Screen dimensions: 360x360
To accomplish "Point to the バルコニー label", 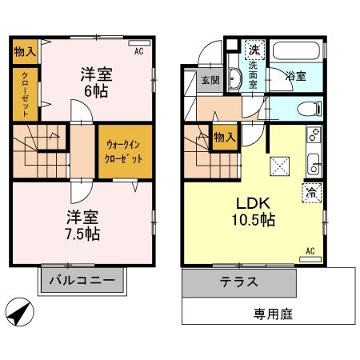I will pyautogui.click(x=83, y=281).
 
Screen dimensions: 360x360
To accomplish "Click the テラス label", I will pyautogui.click(x=238, y=282).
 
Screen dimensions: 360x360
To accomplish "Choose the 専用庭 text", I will pyautogui.click(x=274, y=313).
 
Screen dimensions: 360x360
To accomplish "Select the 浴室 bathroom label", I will pyautogui.click(x=295, y=77).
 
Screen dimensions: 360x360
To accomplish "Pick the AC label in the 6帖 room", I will pyautogui.click(x=138, y=51).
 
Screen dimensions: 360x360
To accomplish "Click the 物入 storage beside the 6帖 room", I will pyautogui.click(x=25, y=52).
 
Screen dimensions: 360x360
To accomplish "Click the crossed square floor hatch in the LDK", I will pyautogui.click(x=280, y=166).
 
